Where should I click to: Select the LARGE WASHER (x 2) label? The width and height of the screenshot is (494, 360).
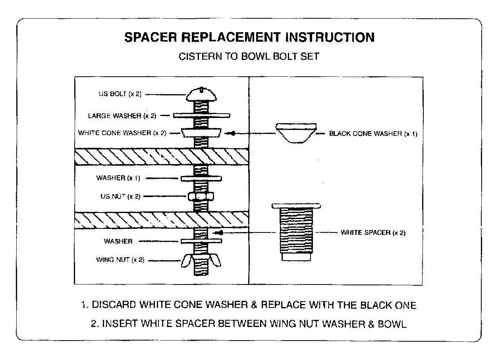coord(122,116)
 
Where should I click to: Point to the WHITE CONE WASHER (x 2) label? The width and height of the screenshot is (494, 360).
coord(122,133)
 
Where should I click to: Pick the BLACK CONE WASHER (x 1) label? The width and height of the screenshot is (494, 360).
coord(373,134)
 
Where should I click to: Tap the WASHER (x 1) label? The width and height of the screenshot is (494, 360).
coord(118,178)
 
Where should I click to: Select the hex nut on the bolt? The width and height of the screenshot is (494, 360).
coord(201,196)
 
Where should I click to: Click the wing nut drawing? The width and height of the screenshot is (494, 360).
coord(201,261)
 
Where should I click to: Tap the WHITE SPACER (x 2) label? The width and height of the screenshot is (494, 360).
coord(373,233)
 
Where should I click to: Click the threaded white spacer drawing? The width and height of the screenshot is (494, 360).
coord(296,230)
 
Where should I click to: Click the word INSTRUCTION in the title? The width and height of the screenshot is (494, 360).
coord(330,37)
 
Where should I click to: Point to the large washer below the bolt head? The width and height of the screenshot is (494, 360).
coord(201,116)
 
